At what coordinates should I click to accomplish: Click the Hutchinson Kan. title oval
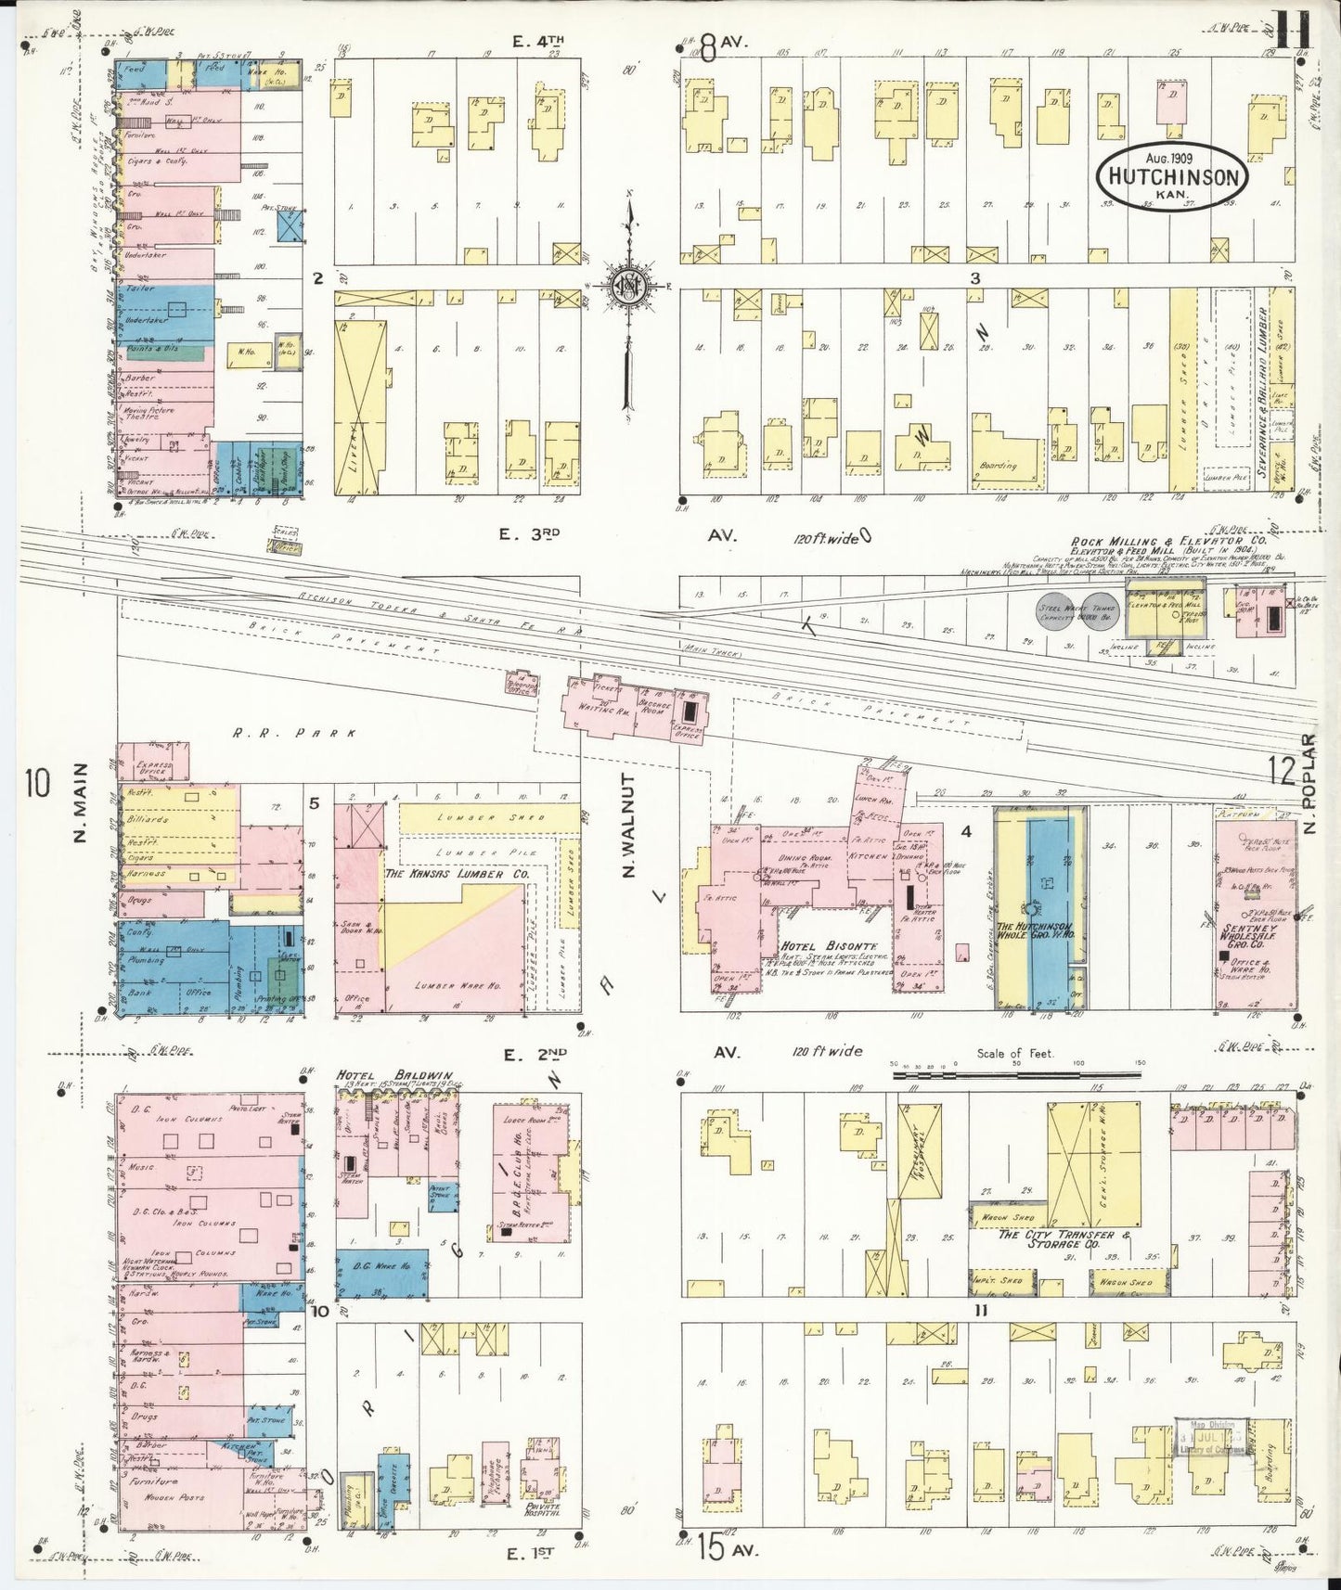[x=1172, y=175]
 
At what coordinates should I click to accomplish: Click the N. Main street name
[x=79, y=803]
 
